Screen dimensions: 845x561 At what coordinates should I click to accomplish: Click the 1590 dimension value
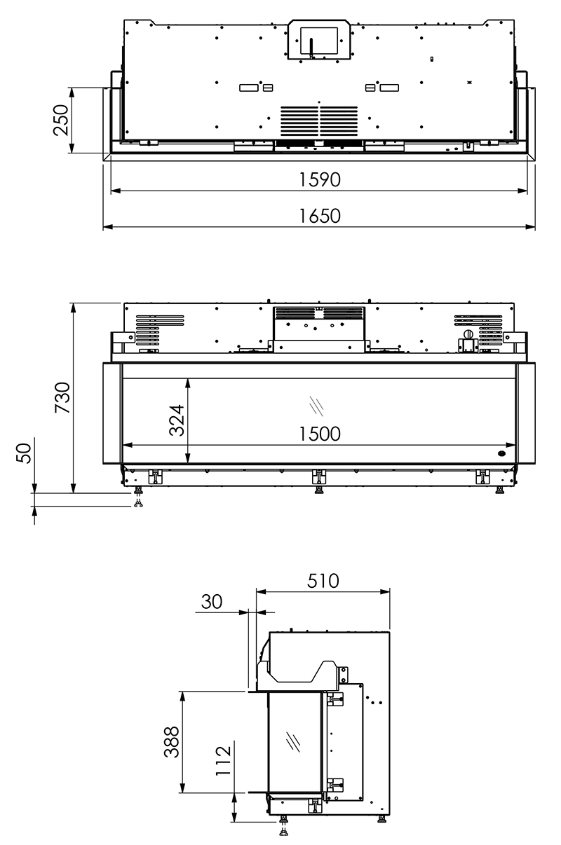[x=319, y=180]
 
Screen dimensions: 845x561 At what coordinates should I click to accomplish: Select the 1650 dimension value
[x=319, y=217]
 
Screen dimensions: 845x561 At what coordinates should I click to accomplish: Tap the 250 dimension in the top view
[x=62, y=120]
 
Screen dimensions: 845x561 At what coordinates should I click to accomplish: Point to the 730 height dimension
[x=62, y=398]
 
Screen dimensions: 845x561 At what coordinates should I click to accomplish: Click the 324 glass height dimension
[x=177, y=420]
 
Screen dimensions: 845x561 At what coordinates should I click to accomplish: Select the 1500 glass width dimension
[x=318, y=434]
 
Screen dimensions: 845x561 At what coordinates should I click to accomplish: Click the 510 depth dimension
[x=323, y=581]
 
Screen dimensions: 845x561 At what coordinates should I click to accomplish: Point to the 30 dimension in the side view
[x=212, y=602]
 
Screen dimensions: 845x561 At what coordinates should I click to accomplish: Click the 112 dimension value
[x=223, y=760]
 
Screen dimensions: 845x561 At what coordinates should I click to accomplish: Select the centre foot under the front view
[x=318, y=480]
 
